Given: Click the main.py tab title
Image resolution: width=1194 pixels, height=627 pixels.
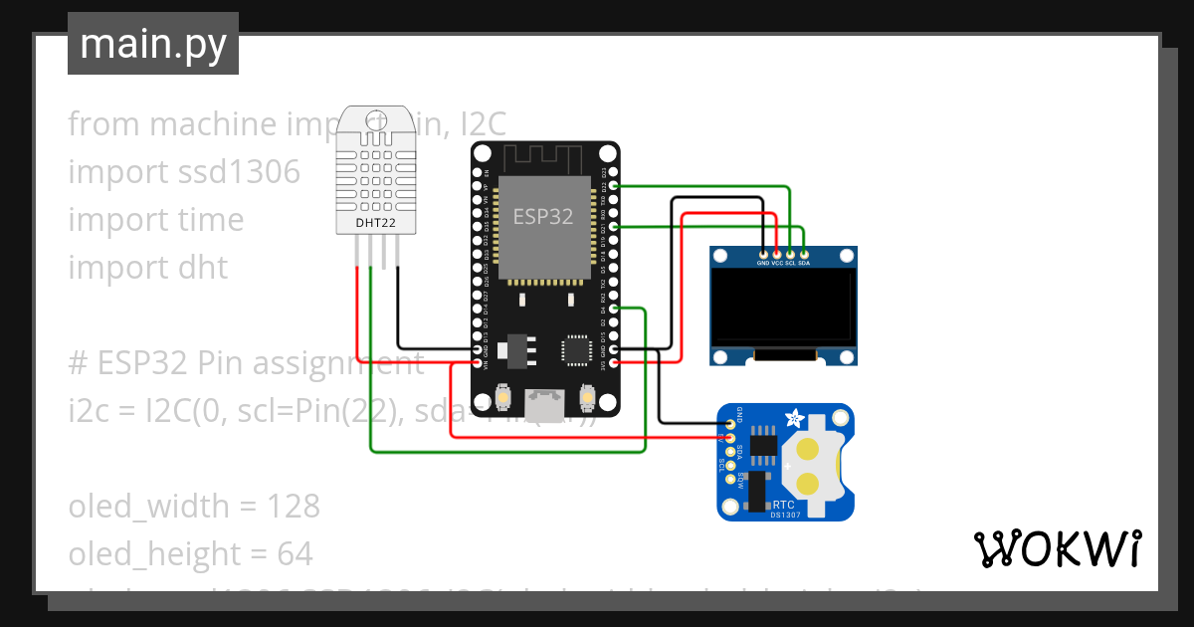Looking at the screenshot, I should (x=153, y=44).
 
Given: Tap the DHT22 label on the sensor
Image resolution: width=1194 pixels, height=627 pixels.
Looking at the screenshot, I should (x=376, y=223).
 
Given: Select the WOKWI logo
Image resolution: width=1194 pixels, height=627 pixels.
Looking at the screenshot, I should (x=1057, y=548).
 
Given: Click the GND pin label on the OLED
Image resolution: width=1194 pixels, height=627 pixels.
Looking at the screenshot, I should (x=763, y=264).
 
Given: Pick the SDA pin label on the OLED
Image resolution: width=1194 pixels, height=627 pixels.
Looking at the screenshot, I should (x=804, y=264).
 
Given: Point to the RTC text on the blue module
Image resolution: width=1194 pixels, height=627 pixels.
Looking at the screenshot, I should (x=783, y=505).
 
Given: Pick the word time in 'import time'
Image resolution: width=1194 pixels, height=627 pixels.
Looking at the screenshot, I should (x=210, y=220).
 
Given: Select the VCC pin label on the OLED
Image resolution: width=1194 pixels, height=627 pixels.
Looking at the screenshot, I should (x=776, y=264).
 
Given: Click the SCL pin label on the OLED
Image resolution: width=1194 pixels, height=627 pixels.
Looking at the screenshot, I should (x=790, y=264).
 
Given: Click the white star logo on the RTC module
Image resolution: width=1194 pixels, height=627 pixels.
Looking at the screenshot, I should (x=792, y=419).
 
